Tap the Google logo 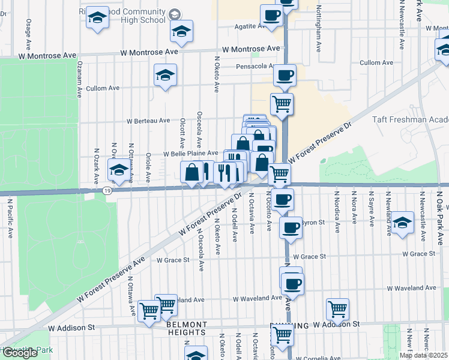tap(20, 352)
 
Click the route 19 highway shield tap(106, 191)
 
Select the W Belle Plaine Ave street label tap(191, 154)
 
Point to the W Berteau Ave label tap(148, 121)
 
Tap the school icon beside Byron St tap(403, 221)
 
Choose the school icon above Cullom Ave tap(165, 75)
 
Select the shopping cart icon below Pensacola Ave tap(282, 104)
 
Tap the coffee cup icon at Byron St tap(291, 227)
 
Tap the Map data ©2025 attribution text tap(423, 355)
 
